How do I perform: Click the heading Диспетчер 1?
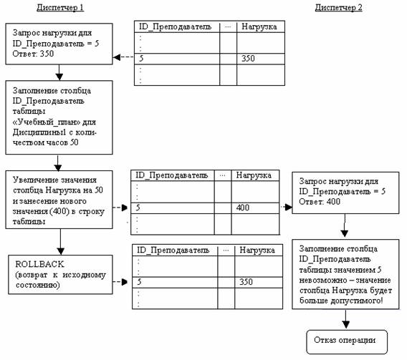coord(60,8)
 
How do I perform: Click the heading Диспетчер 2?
coord(338,8)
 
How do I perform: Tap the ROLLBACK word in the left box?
coord(39,264)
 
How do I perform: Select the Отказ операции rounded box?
coord(347,342)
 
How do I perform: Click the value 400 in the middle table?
coord(243,208)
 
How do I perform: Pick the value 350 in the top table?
coord(248,58)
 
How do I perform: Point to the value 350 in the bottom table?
coord(246,282)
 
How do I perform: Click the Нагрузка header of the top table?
coord(259,26)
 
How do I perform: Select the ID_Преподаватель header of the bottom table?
coord(173,250)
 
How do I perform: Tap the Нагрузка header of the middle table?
coord(254,175)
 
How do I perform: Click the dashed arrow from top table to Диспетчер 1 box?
coord(123,57)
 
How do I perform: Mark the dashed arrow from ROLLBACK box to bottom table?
coord(120,282)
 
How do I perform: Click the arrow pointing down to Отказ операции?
coord(345,319)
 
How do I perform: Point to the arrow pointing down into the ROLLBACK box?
coord(60,242)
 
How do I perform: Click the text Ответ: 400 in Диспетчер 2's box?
coord(320,202)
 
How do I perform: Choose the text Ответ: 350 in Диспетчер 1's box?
coord(33,54)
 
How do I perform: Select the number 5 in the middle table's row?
coord(138,208)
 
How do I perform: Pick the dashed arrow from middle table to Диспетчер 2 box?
coord(286,207)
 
